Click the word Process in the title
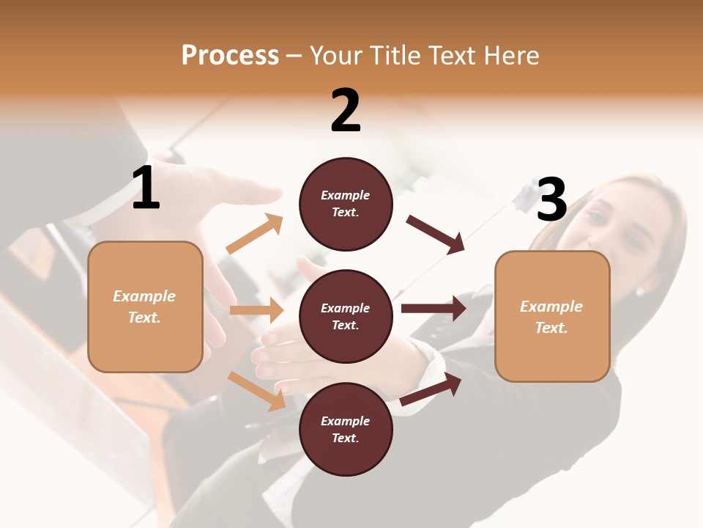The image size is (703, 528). (230, 56)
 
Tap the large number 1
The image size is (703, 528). (146, 189)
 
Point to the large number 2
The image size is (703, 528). (346, 111)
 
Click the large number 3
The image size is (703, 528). (551, 200)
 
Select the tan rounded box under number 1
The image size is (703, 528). (145, 307)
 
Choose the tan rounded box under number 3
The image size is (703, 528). (552, 317)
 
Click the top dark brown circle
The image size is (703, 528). (346, 204)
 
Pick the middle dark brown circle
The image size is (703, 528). (346, 317)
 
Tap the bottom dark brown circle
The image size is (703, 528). (346, 430)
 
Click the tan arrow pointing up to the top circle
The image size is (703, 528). (255, 234)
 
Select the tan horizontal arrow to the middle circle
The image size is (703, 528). (256, 310)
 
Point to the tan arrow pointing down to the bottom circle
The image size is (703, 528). (257, 391)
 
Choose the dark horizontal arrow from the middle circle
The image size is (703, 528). (434, 309)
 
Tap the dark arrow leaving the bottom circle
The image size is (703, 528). (431, 389)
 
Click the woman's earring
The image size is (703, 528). (639, 292)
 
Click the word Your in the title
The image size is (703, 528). (335, 56)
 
